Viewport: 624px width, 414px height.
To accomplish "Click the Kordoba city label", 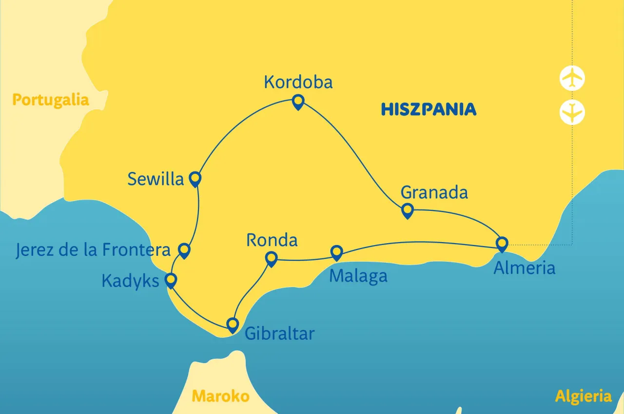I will coord(298,82).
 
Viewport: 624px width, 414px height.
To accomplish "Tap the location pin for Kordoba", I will coord(298,102).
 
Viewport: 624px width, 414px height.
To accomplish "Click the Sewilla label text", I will coord(156,179).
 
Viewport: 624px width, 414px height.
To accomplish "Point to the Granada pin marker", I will coord(407,210).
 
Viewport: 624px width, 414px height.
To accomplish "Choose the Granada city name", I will coord(434,192).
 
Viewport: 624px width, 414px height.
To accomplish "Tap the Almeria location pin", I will coord(502,243).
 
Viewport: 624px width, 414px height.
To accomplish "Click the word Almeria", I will coord(524,268).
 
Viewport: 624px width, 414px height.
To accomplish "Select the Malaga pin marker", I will coord(336,252).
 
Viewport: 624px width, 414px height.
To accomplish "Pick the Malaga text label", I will coord(358,276).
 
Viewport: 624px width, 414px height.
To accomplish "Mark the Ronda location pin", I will coord(271,258).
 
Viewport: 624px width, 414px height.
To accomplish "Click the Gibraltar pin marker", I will coord(233,324).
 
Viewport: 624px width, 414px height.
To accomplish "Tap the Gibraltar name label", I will coord(279,333).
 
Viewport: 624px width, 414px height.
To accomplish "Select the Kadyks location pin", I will coord(171,280).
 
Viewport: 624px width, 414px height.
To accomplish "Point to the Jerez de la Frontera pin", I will coord(184,250).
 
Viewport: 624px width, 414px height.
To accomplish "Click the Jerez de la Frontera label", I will coord(93,250).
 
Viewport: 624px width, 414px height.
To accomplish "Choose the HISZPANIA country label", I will coord(429,109).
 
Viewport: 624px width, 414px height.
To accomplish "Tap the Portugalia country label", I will coord(50,100).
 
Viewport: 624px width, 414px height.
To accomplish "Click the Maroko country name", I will coord(220,396).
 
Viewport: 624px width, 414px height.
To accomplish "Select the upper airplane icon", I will coord(572,78).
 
